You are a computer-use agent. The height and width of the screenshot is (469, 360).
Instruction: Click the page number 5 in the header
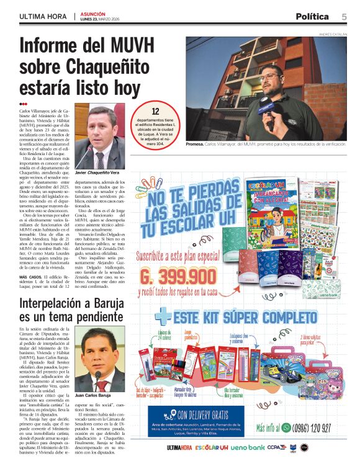[343, 16]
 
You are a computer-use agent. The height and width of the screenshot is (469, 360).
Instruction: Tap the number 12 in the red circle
[156, 111]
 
